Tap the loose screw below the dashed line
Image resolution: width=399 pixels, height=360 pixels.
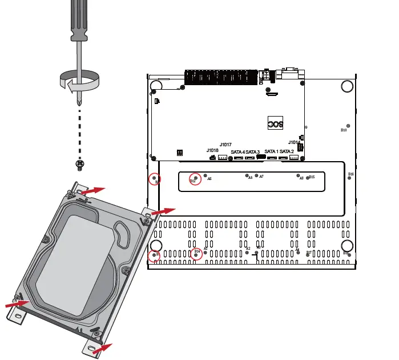click(80, 165)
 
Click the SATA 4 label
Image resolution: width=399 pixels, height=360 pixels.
click(238, 152)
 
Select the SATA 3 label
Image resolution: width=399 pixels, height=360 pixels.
click(253, 152)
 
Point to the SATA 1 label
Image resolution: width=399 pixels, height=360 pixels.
click(271, 151)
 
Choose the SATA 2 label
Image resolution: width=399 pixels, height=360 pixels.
click(287, 151)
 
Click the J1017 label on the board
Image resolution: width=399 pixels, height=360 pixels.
click(225, 145)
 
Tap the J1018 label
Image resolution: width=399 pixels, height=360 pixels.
click(212, 150)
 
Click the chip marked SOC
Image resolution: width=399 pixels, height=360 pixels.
click(276, 124)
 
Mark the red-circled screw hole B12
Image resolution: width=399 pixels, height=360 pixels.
click(196, 178)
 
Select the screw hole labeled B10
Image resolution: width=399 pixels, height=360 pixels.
click(348, 126)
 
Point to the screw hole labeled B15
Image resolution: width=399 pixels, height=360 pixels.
click(307, 177)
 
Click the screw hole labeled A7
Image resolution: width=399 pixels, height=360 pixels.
click(256, 176)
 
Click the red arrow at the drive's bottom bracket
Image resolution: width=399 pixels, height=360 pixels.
click(102, 346)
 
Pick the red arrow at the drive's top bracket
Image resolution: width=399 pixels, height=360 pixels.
click(95, 190)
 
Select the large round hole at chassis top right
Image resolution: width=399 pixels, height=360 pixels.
click(347, 86)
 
